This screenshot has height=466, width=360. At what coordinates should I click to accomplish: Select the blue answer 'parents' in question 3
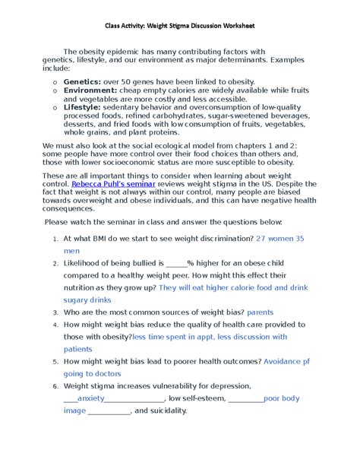click(261, 312)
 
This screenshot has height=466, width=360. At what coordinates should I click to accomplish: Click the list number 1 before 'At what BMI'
click(55, 239)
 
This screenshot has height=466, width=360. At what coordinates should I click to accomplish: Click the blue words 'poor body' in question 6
click(281, 398)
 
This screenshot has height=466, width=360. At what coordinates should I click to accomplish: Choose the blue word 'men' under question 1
click(71, 250)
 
